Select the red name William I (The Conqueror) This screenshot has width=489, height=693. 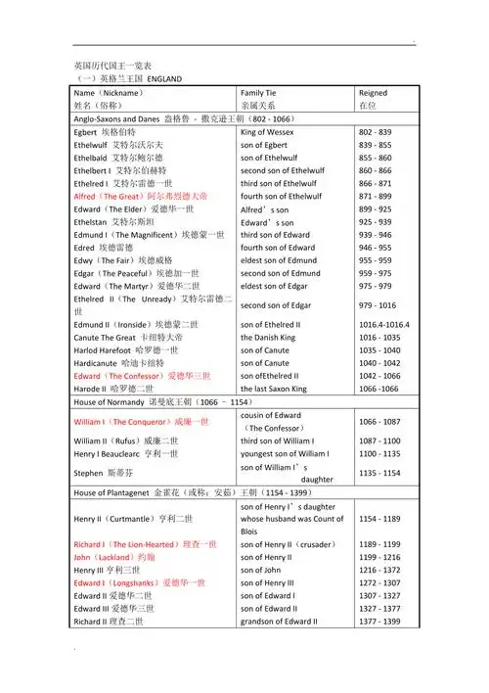click(x=141, y=422)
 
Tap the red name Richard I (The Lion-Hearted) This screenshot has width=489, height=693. click(x=146, y=542)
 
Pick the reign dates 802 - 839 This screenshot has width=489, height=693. click(x=376, y=131)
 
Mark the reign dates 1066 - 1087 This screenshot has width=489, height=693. click(x=381, y=422)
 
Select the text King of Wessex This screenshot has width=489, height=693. click(x=267, y=131)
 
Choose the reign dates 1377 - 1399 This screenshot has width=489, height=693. click(x=379, y=621)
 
